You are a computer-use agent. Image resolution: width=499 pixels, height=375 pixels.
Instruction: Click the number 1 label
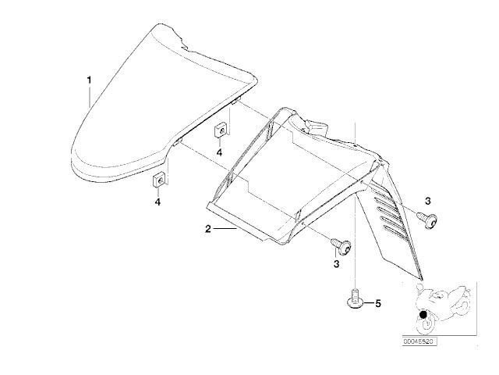[x=90, y=80]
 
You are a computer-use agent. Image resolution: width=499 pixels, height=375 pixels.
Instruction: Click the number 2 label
[x=208, y=229]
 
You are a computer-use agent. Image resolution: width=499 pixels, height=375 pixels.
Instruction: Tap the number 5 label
[x=377, y=304]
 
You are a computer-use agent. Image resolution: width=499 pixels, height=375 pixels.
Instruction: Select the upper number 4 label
[x=219, y=153]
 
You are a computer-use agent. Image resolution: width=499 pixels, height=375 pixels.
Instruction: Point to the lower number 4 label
[x=157, y=202]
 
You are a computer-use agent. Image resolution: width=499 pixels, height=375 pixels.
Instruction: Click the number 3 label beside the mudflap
[x=428, y=202]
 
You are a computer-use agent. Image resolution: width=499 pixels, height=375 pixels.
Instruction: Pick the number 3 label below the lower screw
[x=336, y=264]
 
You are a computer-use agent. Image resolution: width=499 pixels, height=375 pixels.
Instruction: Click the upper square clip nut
[x=220, y=130]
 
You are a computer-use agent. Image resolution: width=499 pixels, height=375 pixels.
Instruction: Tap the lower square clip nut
[x=158, y=180]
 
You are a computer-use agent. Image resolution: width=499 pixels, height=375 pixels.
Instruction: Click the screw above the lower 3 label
[x=342, y=246]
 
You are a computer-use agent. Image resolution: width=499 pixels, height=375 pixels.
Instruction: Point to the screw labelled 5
[x=355, y=298]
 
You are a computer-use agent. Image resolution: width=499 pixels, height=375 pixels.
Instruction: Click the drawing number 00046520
[x=418, y=341]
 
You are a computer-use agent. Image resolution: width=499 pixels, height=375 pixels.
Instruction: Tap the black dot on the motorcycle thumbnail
[x=423, y=315]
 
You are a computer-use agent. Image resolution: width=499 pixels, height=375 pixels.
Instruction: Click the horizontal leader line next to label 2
[x=225, y=229]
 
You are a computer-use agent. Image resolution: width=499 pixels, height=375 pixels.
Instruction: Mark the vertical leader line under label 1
[x=90, y=96]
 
